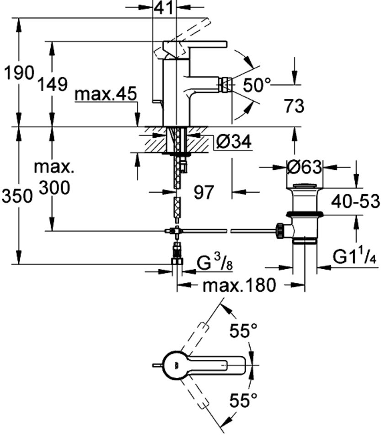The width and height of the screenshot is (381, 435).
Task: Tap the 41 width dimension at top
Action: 164,7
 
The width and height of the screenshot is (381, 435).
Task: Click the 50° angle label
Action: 257,84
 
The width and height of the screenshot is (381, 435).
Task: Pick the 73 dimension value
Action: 294,106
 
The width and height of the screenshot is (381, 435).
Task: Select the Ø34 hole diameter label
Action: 234,142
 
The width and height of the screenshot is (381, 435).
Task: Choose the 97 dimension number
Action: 204,192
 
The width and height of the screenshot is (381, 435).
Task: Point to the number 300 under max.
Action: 54,187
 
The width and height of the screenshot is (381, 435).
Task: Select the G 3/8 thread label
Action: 217,264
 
